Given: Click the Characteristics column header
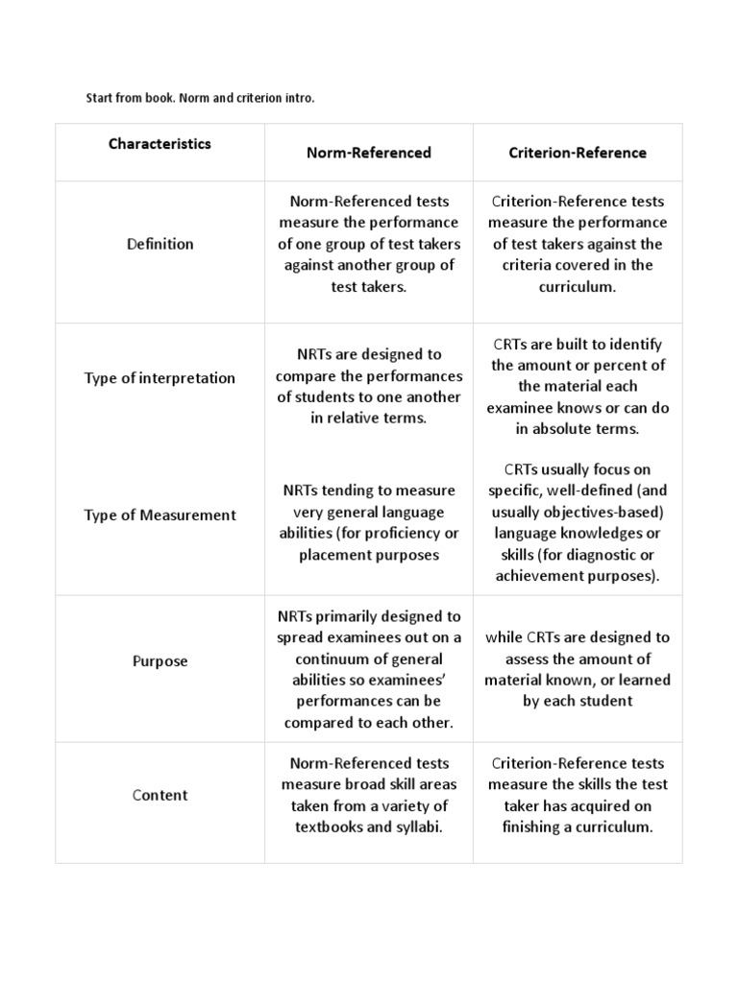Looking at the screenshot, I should pyautogui.click(x=160, y=144).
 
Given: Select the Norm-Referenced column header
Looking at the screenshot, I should pyautogui.click(x=369, y=153).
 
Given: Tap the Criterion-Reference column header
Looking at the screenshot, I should pyautogui.click(x=578, y=153).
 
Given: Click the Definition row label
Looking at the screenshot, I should pyautogui.click(x=160, y=244).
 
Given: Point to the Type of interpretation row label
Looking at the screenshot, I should pyautogui.click(x=160, y=378).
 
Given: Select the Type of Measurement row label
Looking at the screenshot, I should pyautogui.click(x=160, y=515).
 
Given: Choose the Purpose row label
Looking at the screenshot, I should pyautogui.click(x=160, y=661).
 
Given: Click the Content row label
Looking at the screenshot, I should pyautogui.click(x=160, y=795).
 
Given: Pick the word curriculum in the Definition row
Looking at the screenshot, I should pyautogui.click(x=576, y=286).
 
